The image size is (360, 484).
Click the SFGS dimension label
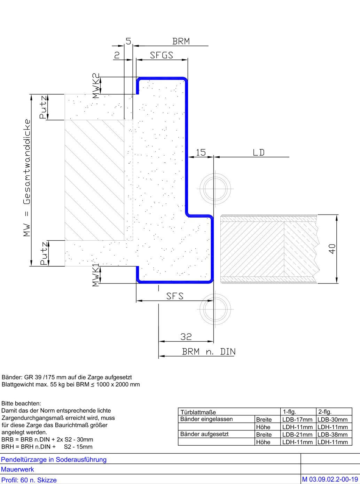pyautogui.click(x=162, y=55)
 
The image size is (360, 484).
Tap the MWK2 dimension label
pyautogui.click(x=96, y=86)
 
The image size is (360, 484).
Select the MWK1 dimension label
pyautogui.click(x=96, y=275)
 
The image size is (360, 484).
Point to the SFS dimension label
pyautogui.click(x=175, y=296)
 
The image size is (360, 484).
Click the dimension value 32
pyautogui.click(x=186, y=337)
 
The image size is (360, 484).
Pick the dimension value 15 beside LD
pyautogui.click(x=201, y=153)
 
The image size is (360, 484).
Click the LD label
pyautogui.click(x=259, y=153)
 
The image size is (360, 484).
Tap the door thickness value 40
pyautogui.click(x=332, y=249)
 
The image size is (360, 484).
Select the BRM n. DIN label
pyautogui.click(x=209, y=352)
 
